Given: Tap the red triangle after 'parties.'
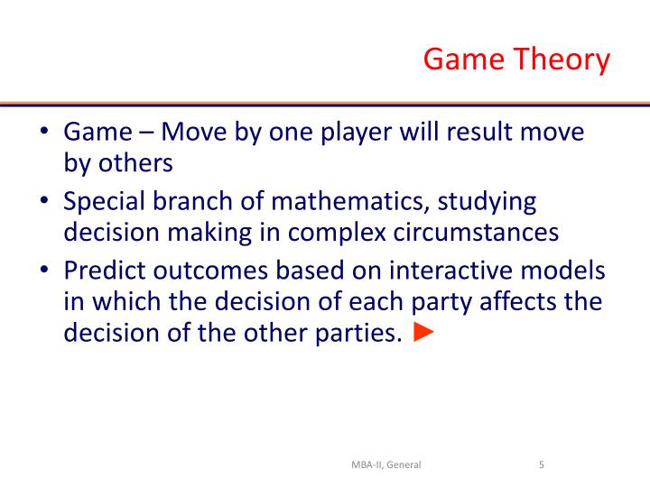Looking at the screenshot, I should (x=422, y=333).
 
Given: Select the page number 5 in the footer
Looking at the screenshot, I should (x=540, y=465).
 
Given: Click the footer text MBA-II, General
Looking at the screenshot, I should (x=386, y=465).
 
